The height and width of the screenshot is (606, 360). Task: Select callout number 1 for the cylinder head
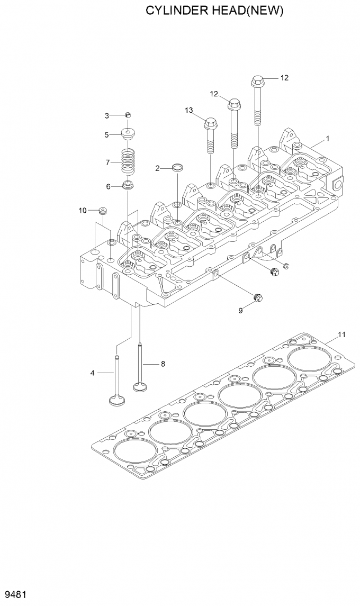pos(328,139)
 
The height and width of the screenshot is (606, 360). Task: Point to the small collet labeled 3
pos(128,115)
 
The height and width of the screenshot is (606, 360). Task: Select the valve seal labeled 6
pos(127,185)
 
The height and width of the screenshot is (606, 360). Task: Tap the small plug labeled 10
pos(103,211)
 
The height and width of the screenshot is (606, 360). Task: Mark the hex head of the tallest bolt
pos(257,81)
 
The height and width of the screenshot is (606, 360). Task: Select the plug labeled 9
pos(258,298)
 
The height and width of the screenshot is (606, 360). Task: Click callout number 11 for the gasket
pos(342,334)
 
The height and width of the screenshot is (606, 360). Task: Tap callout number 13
pos(189,110)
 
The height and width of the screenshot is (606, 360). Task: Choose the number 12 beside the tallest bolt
pos(284,78)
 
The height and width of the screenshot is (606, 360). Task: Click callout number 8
pos(163,364)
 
